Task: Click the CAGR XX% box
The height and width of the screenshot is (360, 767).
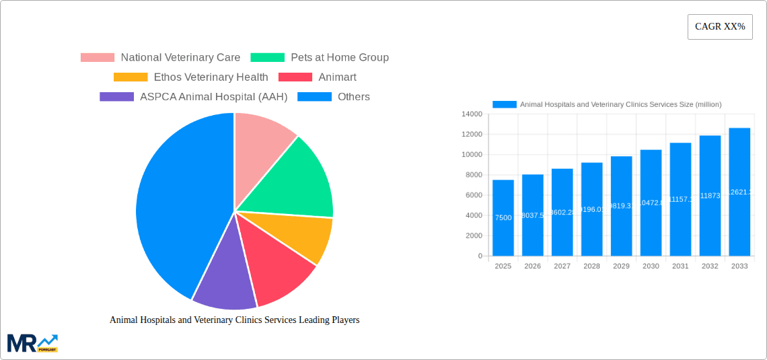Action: (719, 27)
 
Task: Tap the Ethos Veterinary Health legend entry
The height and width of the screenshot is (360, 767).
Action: (191, 77)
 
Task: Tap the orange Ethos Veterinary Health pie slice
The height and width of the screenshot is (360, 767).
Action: (303, 236)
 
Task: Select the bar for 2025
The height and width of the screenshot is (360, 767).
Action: (503, 218)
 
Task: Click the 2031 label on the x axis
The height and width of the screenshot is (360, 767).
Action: (680, 266)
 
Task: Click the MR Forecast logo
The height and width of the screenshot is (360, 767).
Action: (32, 343)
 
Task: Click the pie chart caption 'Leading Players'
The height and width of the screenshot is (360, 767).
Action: (234, 320)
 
